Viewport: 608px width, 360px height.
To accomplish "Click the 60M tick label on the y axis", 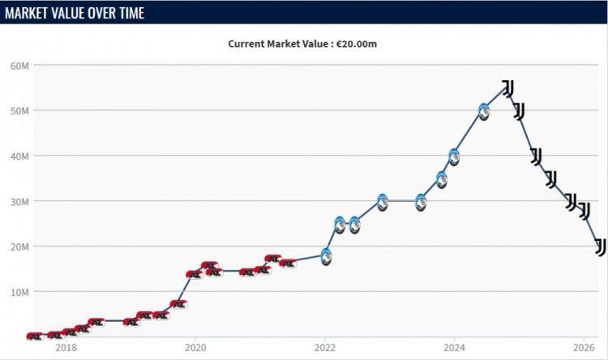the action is point(19,66).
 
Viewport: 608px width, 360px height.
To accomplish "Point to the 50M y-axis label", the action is point(19,111).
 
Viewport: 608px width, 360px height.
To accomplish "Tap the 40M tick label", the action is point(19,156).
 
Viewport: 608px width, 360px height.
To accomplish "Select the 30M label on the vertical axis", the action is point(19,202).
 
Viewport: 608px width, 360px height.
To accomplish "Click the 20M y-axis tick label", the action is point(19,246).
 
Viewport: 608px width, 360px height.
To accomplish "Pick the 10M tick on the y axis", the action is point(19,292).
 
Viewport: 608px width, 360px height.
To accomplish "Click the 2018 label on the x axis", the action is point(66,347).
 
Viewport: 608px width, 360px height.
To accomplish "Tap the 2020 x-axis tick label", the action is point(195,347).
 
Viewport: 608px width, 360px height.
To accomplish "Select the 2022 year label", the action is point(325,347).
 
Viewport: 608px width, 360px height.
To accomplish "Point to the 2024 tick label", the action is point(454,347).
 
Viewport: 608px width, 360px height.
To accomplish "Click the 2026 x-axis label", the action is point(584,347).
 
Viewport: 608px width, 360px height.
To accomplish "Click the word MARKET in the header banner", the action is point(24,13).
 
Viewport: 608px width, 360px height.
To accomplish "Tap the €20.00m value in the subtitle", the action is point(357,44).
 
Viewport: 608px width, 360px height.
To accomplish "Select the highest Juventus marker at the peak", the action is point(508,89).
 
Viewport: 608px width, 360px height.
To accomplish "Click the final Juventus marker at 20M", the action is point(600,247).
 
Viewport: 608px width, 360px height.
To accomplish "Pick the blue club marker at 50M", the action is point(483,112).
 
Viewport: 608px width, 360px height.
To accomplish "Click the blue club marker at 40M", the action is point(454,157).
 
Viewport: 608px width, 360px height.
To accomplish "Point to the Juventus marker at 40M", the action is point(537,156).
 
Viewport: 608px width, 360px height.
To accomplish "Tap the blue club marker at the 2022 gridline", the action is point(327,257).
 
